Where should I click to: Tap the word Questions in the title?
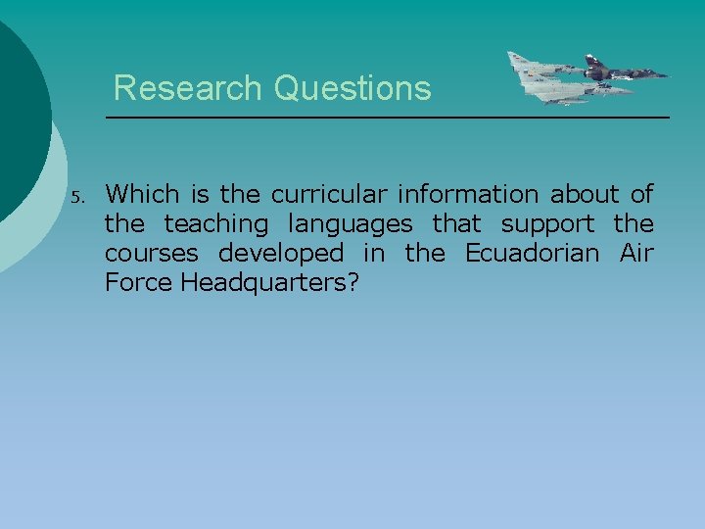(x=352, y=88)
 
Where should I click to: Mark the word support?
(x=547, y=225)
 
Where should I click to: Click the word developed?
(x=281, y=254)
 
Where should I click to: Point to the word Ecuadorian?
(x=532, y=253)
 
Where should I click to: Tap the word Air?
(x=636, y=253)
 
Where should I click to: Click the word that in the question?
(x=457, y=223)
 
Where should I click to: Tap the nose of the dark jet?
(x=668, y=74)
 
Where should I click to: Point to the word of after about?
(x=642, y=194)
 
